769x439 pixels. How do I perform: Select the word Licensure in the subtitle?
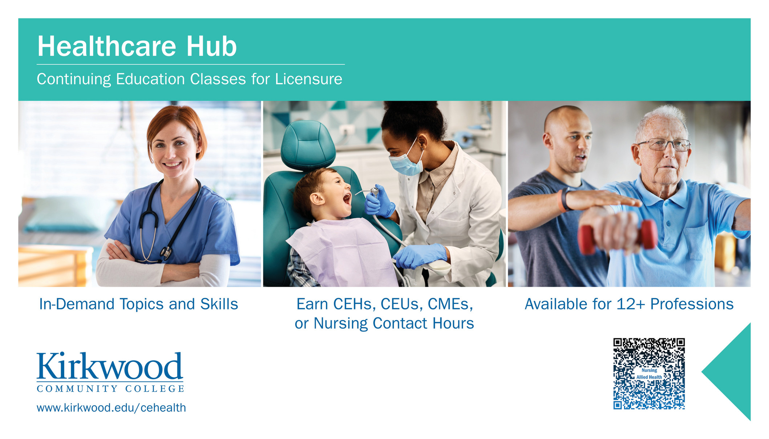tap(308, 79)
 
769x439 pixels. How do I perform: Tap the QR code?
tap(649, 374)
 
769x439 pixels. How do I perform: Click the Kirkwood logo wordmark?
tap(110, 366)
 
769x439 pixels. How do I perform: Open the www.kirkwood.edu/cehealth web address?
tap(111, 408)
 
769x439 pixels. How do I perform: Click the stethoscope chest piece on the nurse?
tap(166, 252)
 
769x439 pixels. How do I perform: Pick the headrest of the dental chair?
tap(308, 145)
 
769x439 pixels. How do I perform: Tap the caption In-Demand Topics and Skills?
tap(138, 304)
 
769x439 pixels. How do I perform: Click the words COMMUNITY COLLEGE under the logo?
tap(110, 389)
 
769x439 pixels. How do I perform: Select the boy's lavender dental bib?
tap(343, 250)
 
